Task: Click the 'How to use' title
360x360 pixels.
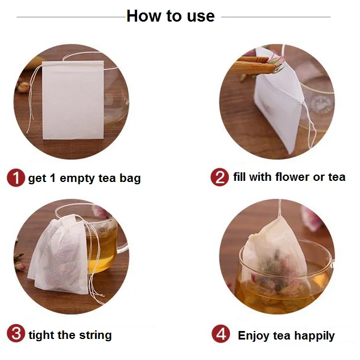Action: coord(171,16)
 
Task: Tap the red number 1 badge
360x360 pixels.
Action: coord(16,177)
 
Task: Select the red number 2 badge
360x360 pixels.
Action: coord(220,177)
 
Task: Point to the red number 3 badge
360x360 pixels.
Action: coord(16,333)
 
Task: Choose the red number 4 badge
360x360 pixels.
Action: coord(221,334)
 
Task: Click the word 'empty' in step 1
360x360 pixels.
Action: coord(77,179)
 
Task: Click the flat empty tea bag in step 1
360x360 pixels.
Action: coord(73,100)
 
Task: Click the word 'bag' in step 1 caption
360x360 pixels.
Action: coord(130,179)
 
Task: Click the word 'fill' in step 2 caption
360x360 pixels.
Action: coord(239,177)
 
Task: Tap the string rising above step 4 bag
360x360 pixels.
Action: coord(279,209)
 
